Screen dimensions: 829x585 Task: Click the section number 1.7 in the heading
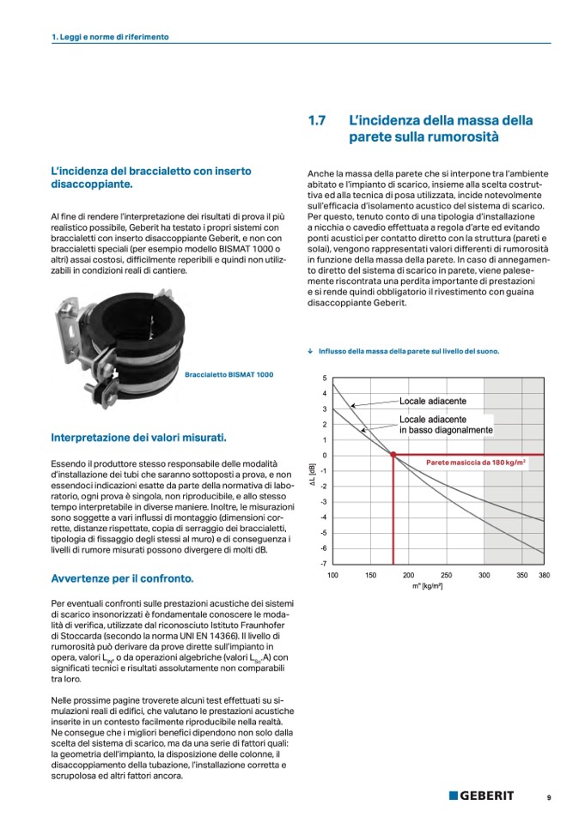click(316, 121)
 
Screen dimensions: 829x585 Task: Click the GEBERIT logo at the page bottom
click(481, 796)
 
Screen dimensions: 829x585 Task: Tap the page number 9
click(548, 797)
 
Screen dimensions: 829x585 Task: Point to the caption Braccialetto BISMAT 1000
click(229, 375)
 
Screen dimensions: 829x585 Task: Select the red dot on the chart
click(393, 455)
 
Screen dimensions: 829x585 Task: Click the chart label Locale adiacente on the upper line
click(433, 402)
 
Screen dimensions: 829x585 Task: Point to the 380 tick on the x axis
click(544, 576)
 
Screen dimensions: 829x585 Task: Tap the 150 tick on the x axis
click(371, 576)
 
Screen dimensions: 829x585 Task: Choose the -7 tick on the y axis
click(323, 563)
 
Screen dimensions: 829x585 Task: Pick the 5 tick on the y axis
click(325, 378)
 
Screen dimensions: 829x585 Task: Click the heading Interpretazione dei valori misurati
click(138, 438)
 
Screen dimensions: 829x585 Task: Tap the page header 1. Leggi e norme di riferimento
click(110, 38)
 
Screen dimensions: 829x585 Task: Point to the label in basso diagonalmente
click(445, 430)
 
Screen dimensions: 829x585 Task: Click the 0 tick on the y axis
click(325, 455)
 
